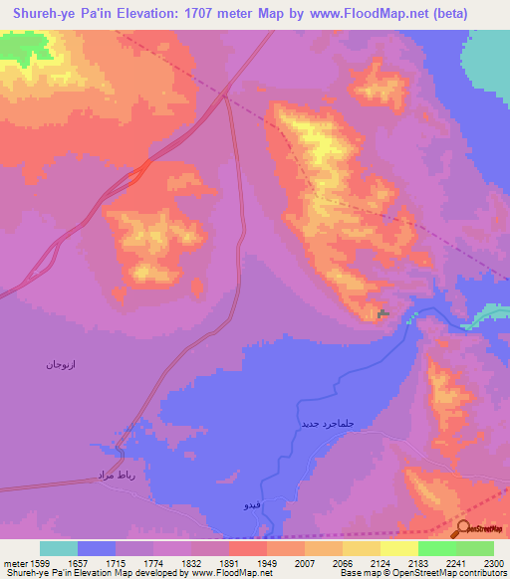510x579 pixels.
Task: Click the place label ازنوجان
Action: click(x=61, y=364)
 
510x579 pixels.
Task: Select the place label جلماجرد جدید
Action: click(x=328, y=424)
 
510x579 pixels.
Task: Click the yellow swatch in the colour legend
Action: click(x=398, y=547)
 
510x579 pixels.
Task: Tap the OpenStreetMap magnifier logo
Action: click(x=465, y=528)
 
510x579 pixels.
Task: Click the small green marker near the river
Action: click(x=384, y=314)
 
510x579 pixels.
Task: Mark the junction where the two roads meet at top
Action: click(x=225, y=96)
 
